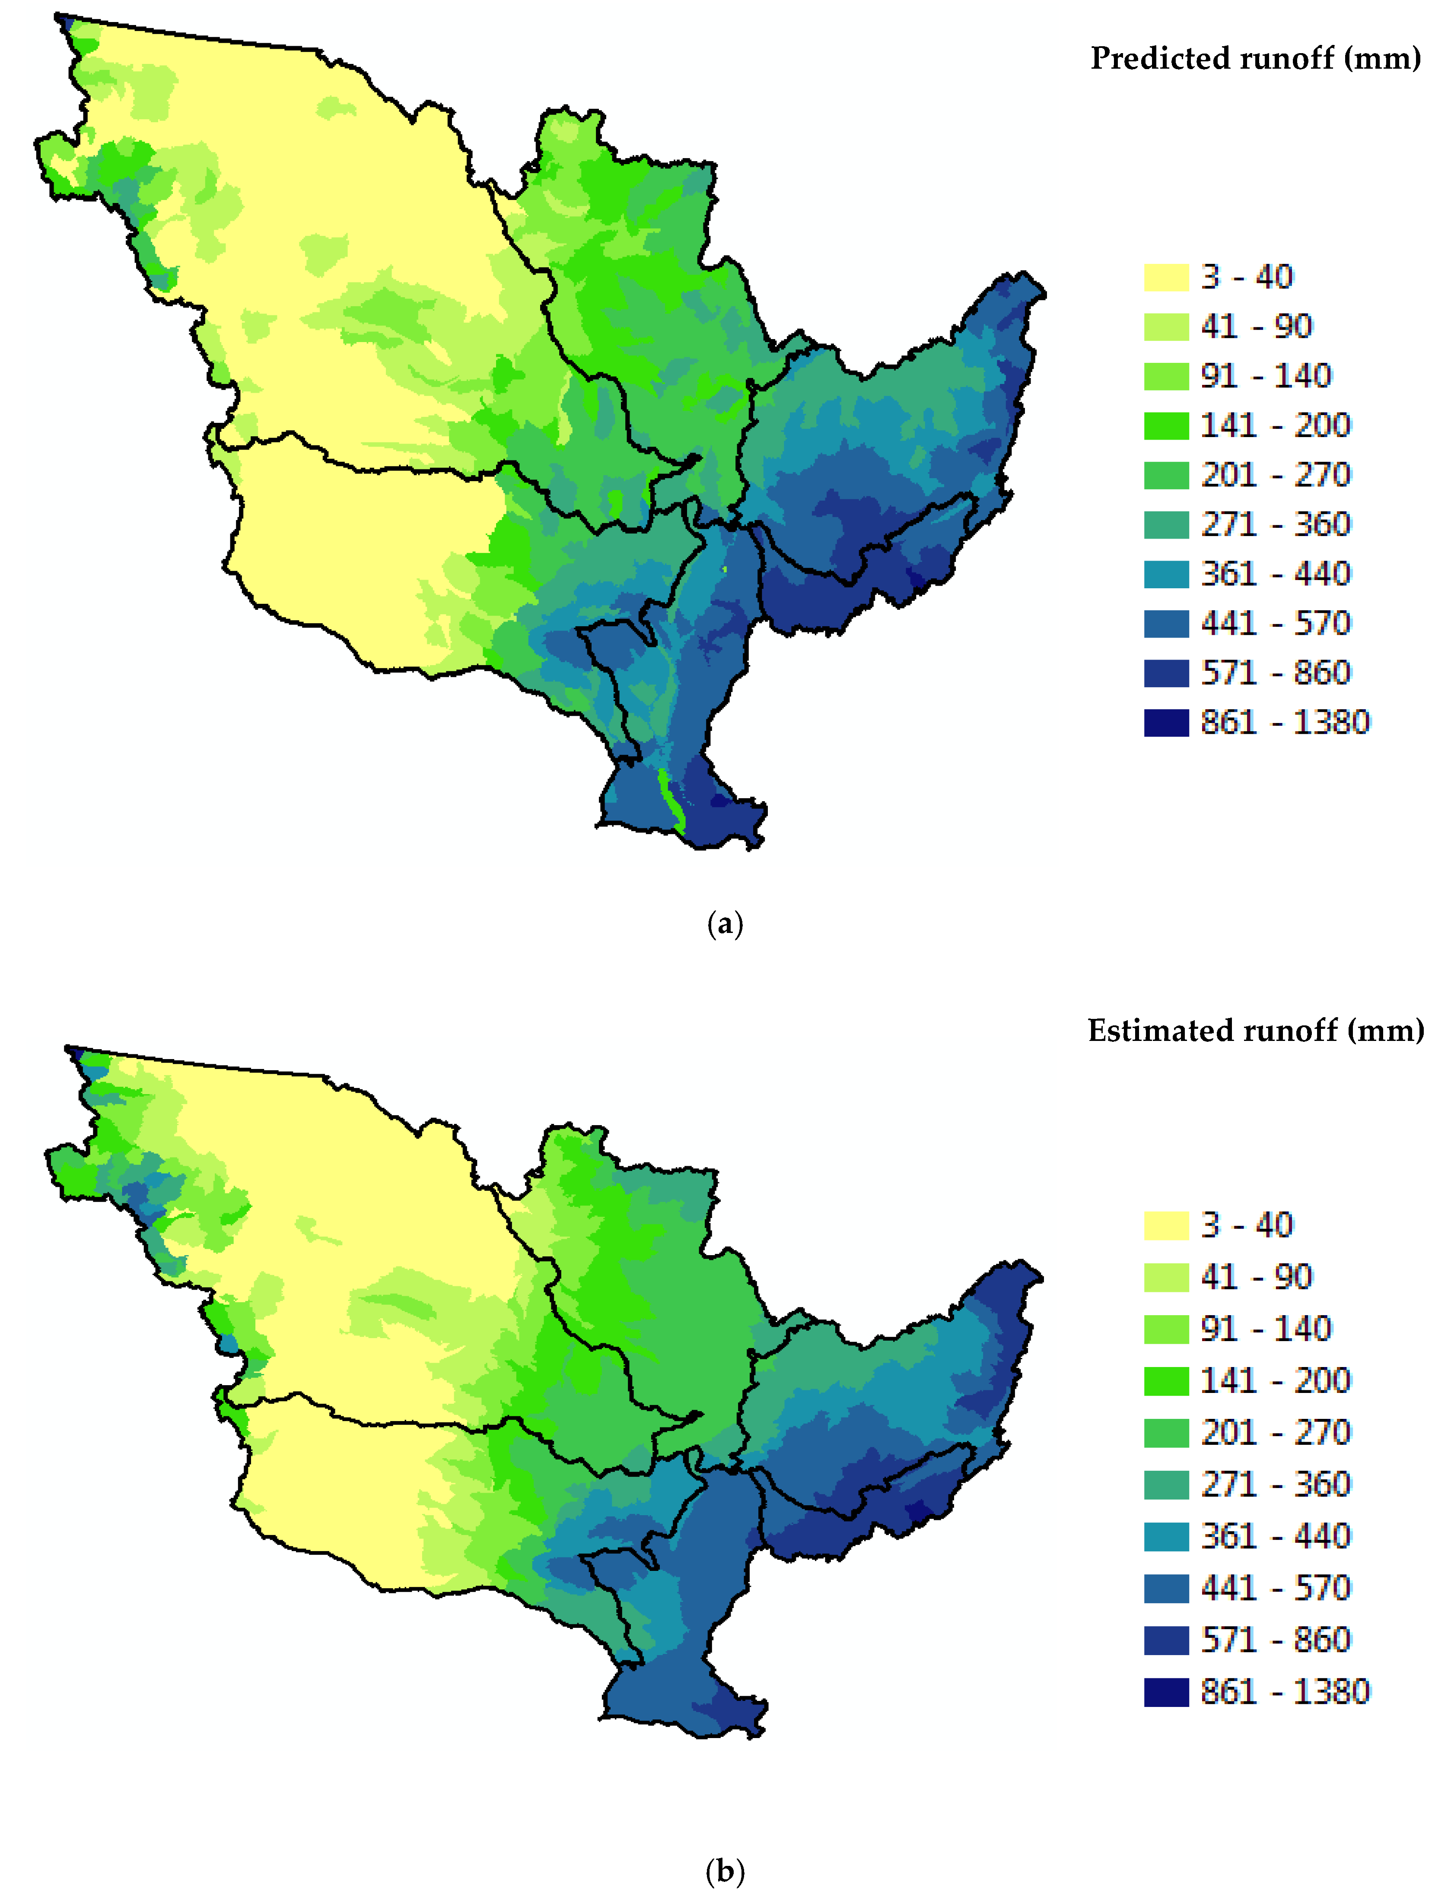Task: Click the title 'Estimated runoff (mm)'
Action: coord(1255,1030)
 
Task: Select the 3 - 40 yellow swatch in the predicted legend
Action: coord(1166,277)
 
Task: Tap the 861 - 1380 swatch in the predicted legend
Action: coord(1166,722)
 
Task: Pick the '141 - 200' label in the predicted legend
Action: coord(1275,425)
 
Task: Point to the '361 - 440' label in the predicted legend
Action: coord(1275,573)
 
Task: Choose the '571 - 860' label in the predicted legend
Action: coord(1275,673)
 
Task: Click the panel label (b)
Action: coord(725,1872)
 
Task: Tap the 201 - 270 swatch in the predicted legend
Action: coord(1166,475)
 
